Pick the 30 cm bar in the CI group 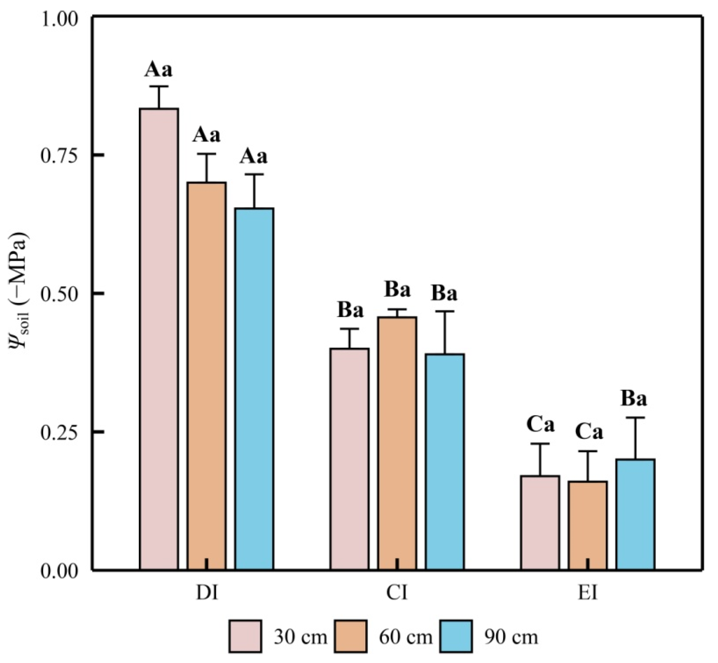coord(350,459)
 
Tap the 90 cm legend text coord(511,637)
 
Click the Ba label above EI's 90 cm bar coord(634,399)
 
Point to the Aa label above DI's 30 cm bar coord(159,69)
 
